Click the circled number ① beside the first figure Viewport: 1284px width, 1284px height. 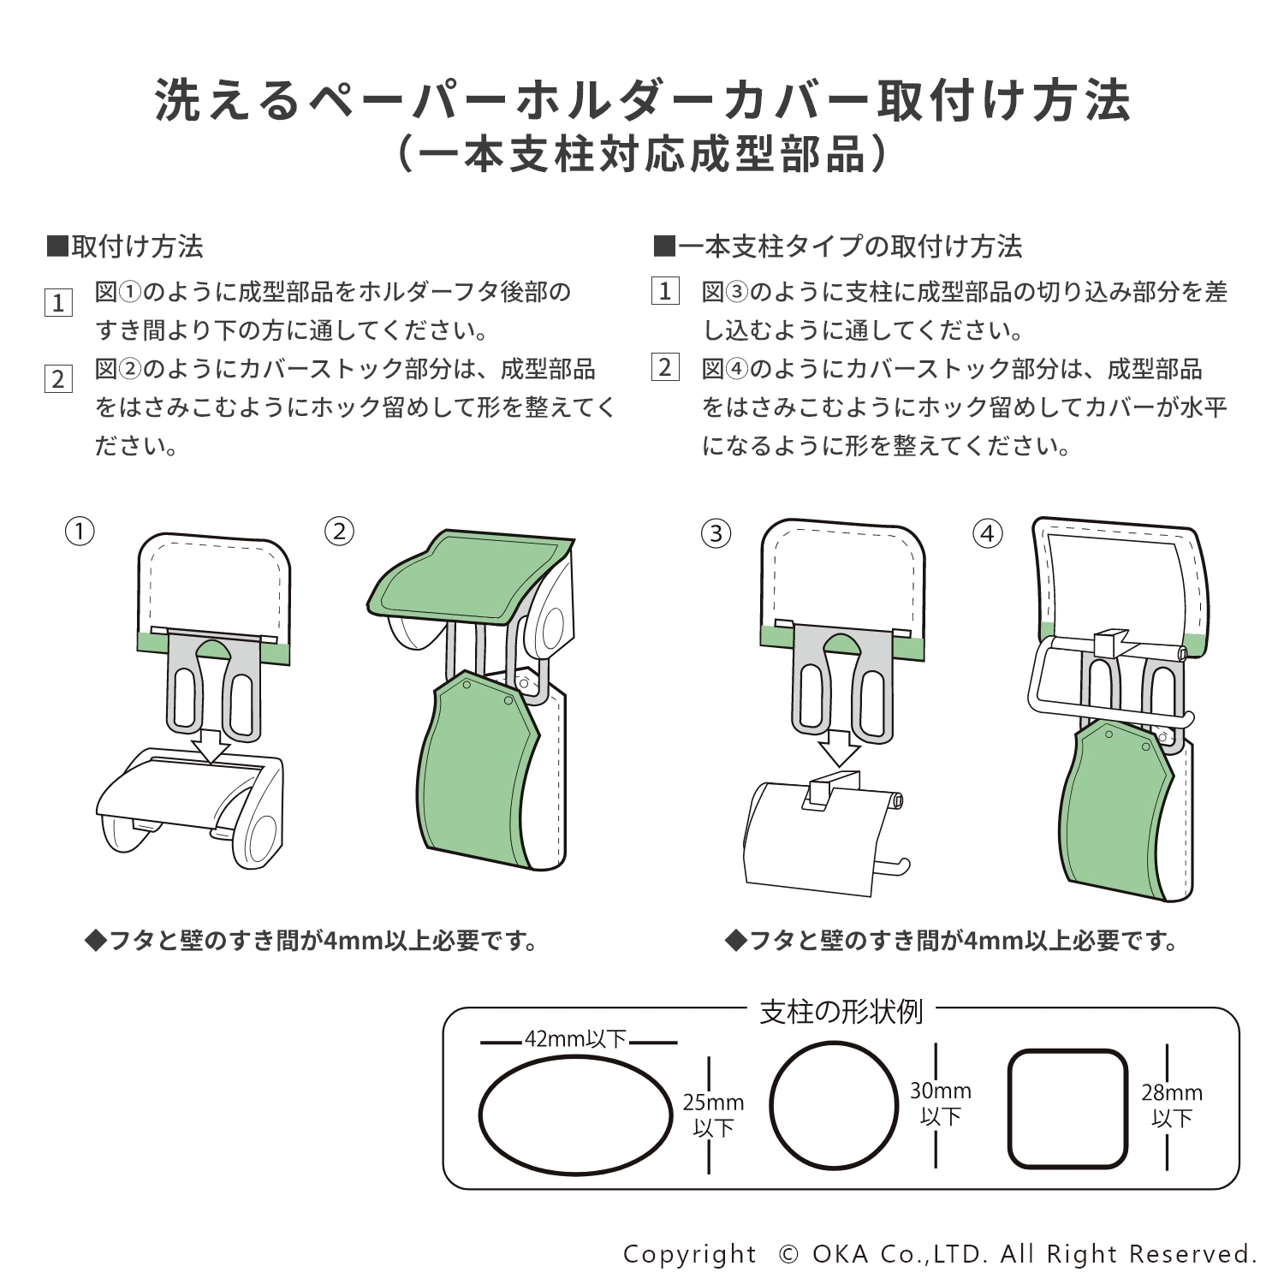[80, 532]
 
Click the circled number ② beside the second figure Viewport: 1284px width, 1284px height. [340, 532]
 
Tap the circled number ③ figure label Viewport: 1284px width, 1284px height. [716, 534]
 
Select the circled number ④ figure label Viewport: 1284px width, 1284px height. [988, 534]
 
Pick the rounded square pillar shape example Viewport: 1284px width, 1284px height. [1067, 1109]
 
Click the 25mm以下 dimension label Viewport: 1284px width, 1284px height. [713, 1115]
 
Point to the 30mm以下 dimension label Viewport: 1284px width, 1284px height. [940, 1104]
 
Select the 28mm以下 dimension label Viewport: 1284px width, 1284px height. [1171, 1105]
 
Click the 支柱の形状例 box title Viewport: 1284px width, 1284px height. [841, 1012]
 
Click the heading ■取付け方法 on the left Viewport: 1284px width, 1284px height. [125, 247]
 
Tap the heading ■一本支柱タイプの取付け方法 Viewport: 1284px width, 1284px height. [837, 247]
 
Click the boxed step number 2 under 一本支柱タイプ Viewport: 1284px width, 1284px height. [665, 368]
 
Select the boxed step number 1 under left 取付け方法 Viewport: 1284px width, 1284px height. [58, 302]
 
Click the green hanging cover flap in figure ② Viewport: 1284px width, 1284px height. [475, 770]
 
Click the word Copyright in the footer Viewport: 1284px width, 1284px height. [690, 1254]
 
